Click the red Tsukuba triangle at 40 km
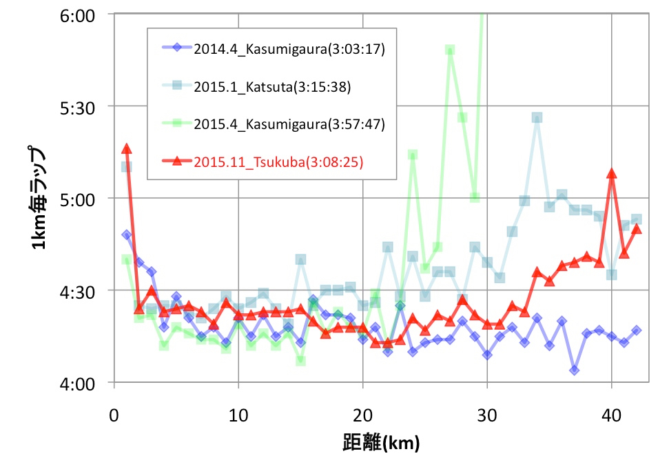(x=612, y=174)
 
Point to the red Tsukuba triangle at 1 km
(x=127, y=149)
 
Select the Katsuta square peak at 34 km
(x=537, y=117)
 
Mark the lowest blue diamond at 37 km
(x=574, y=370)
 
